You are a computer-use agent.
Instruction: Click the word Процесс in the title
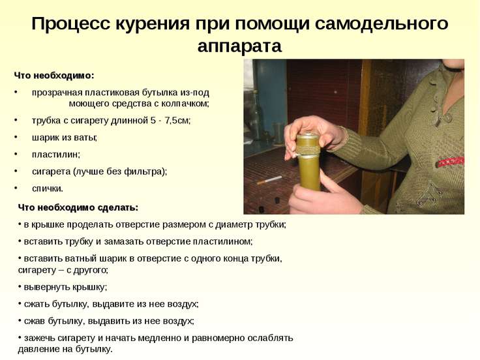pos(70,24)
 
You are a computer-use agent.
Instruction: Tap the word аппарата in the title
pos(239,46)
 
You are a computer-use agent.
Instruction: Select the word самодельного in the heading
pos(382,24)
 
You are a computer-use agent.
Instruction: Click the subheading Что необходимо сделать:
pos(78,207)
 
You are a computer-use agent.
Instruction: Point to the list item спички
pos(48,188)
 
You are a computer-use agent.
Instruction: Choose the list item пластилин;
pos(55,155)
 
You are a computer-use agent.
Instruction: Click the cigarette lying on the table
pos(269,180)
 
